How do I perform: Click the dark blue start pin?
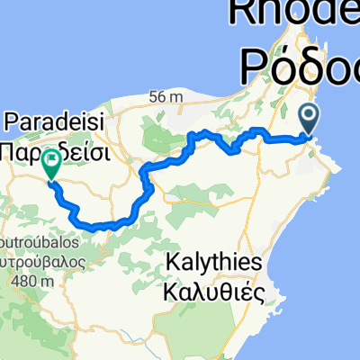tap(308, 117)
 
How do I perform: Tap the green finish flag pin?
tap(51, 162)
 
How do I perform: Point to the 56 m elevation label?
tap(169, 96)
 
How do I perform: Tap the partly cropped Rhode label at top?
tap(297, 13)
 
